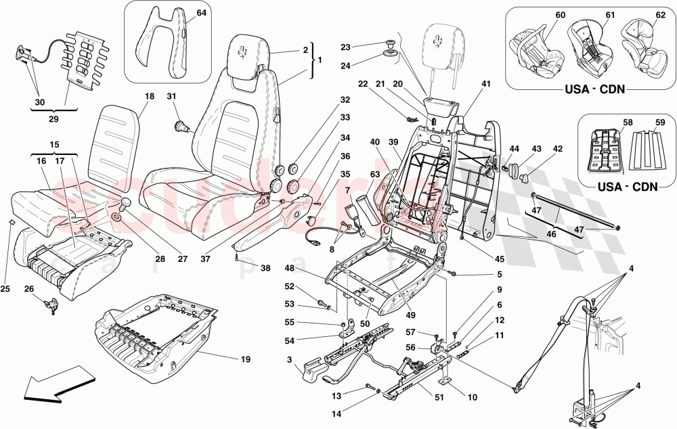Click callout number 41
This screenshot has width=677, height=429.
[x=485, y=84]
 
